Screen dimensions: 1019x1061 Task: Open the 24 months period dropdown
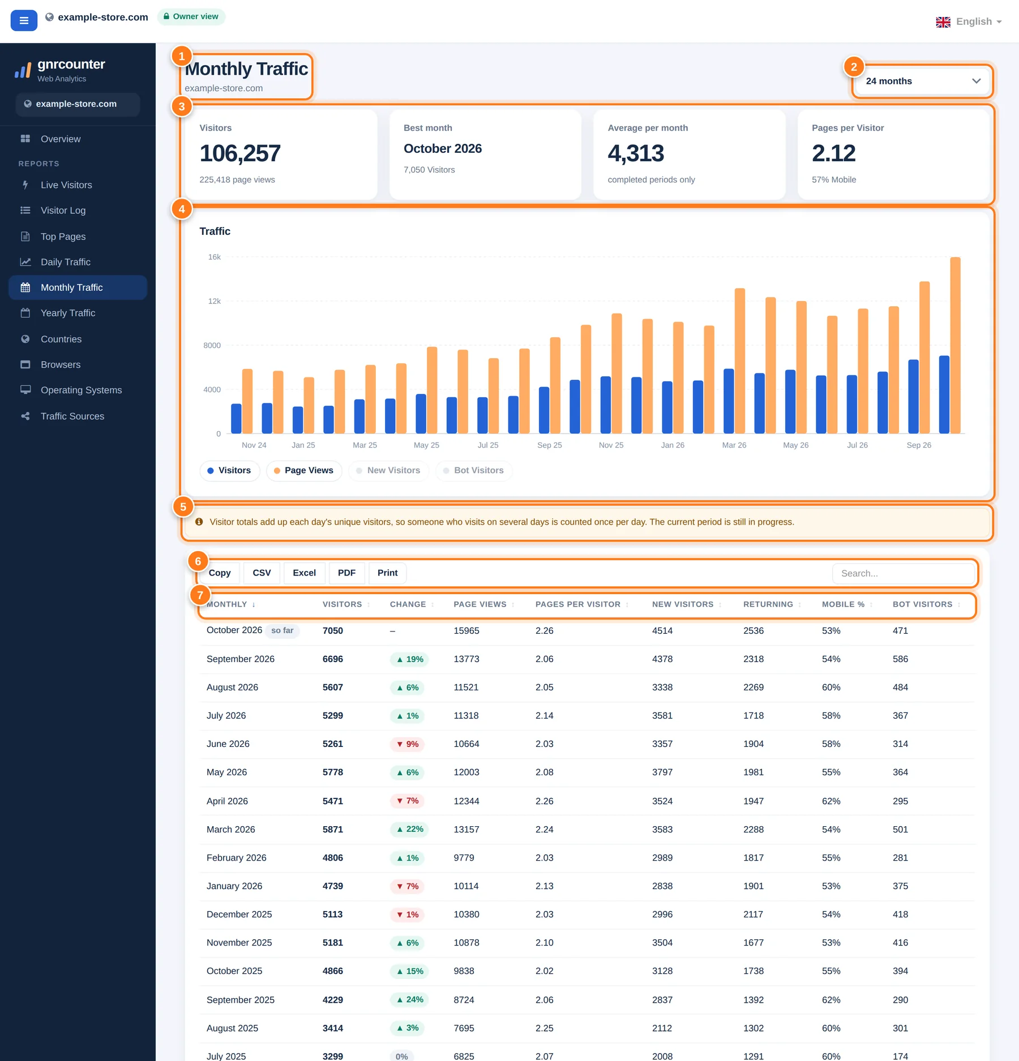point(922,81)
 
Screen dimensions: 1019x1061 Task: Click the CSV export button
point(262,573)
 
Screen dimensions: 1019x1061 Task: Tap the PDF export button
point(346,573)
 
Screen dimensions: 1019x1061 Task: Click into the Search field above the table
point(903,573)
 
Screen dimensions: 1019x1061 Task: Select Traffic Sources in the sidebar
point(72,416)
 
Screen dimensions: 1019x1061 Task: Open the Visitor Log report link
point(63,211)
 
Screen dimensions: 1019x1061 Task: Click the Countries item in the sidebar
point(61,339)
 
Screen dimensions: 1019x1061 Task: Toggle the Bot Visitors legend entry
point(474,470)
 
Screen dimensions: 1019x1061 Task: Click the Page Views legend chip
point(304,470)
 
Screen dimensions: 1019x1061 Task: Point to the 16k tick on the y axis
point(215,257)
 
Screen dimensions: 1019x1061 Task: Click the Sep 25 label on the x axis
point(549,445)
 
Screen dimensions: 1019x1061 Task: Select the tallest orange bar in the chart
point(955,345)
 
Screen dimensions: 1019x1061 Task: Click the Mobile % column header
point(843,604)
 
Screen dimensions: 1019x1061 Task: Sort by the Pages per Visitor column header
point(578,604)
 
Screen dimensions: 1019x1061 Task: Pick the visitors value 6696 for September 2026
point(333,659)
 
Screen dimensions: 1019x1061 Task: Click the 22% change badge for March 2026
point(409,829)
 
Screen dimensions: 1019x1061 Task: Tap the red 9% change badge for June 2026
point(407,744)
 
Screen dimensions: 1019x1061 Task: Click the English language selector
point(969,22)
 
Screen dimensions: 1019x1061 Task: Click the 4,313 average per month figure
point(636,153)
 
